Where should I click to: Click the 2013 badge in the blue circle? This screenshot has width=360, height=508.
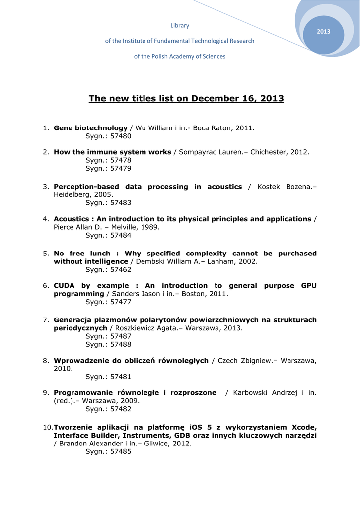(x=323, y=32)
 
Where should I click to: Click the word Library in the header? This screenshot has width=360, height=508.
(x=180, y=25)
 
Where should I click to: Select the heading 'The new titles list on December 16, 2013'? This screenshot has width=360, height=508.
(x=186, y=98)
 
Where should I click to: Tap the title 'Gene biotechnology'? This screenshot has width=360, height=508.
(x=90, y=128)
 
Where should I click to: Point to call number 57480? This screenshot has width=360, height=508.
(x=121, y=136)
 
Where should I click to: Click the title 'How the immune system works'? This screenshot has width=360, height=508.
(x=112, y=152)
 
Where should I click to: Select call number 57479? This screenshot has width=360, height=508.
(x=121, y=168)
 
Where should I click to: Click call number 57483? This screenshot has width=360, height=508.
(x=121, y=203)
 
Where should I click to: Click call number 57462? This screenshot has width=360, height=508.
(x=121, y=269)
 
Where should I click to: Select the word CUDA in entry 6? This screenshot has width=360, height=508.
(x=65, y=286)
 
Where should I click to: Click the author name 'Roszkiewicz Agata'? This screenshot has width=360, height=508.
(x=145, y=328)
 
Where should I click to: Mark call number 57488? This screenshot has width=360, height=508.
(x=121, y=344)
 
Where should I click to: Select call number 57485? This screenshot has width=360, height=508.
(x=121, y=452)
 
